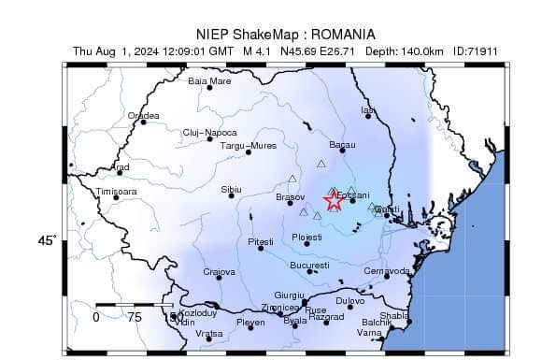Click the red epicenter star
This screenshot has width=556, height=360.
point(333,200)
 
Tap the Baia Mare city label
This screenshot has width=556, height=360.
point(209,81)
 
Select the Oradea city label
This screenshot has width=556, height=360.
point(144,116)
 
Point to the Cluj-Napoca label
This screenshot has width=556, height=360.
point(210,133)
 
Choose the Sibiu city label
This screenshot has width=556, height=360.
point(231,190)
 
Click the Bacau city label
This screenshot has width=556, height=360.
point(343,145)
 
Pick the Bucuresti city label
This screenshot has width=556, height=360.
point(310,266)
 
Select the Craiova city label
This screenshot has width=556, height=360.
point(220,272)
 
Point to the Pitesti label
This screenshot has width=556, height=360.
point(261,242)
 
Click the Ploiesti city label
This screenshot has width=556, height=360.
point(307,238)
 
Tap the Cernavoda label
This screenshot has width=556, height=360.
point(386,271)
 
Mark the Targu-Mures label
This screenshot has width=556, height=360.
point(248,146)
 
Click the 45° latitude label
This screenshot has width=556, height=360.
point(47,241)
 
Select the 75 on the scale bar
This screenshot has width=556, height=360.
point(135,317)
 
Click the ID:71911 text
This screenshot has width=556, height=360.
point(473,50)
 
